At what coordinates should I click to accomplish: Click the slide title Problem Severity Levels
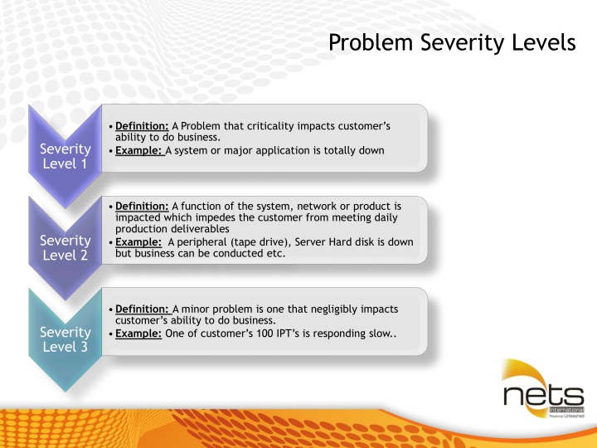pyautogui.click(x=451, y=42)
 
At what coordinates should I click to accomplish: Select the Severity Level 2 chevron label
pyautogui.click(x=66, y=247)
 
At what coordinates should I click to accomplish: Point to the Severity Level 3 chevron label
pyautogui.click(x=66, y=339)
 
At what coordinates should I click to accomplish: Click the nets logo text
pyautogui.click(x=543, y=397)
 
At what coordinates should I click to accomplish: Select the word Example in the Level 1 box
pyautogui.click(x=138, y=150)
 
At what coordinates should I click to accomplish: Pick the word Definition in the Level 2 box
pyautogui.click(x=142, y=206)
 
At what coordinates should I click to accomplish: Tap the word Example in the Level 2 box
pyautogui.click(x=138, y=241)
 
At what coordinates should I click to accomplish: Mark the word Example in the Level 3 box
pyautogui.click(x=138, y=333)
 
